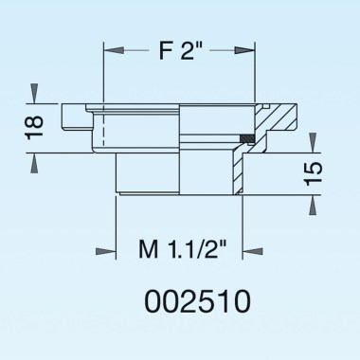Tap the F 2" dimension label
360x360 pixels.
tap(179, 49)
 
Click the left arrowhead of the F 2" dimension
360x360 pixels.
tap(108, 48)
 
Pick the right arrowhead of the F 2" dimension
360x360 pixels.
tap(250, 48)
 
